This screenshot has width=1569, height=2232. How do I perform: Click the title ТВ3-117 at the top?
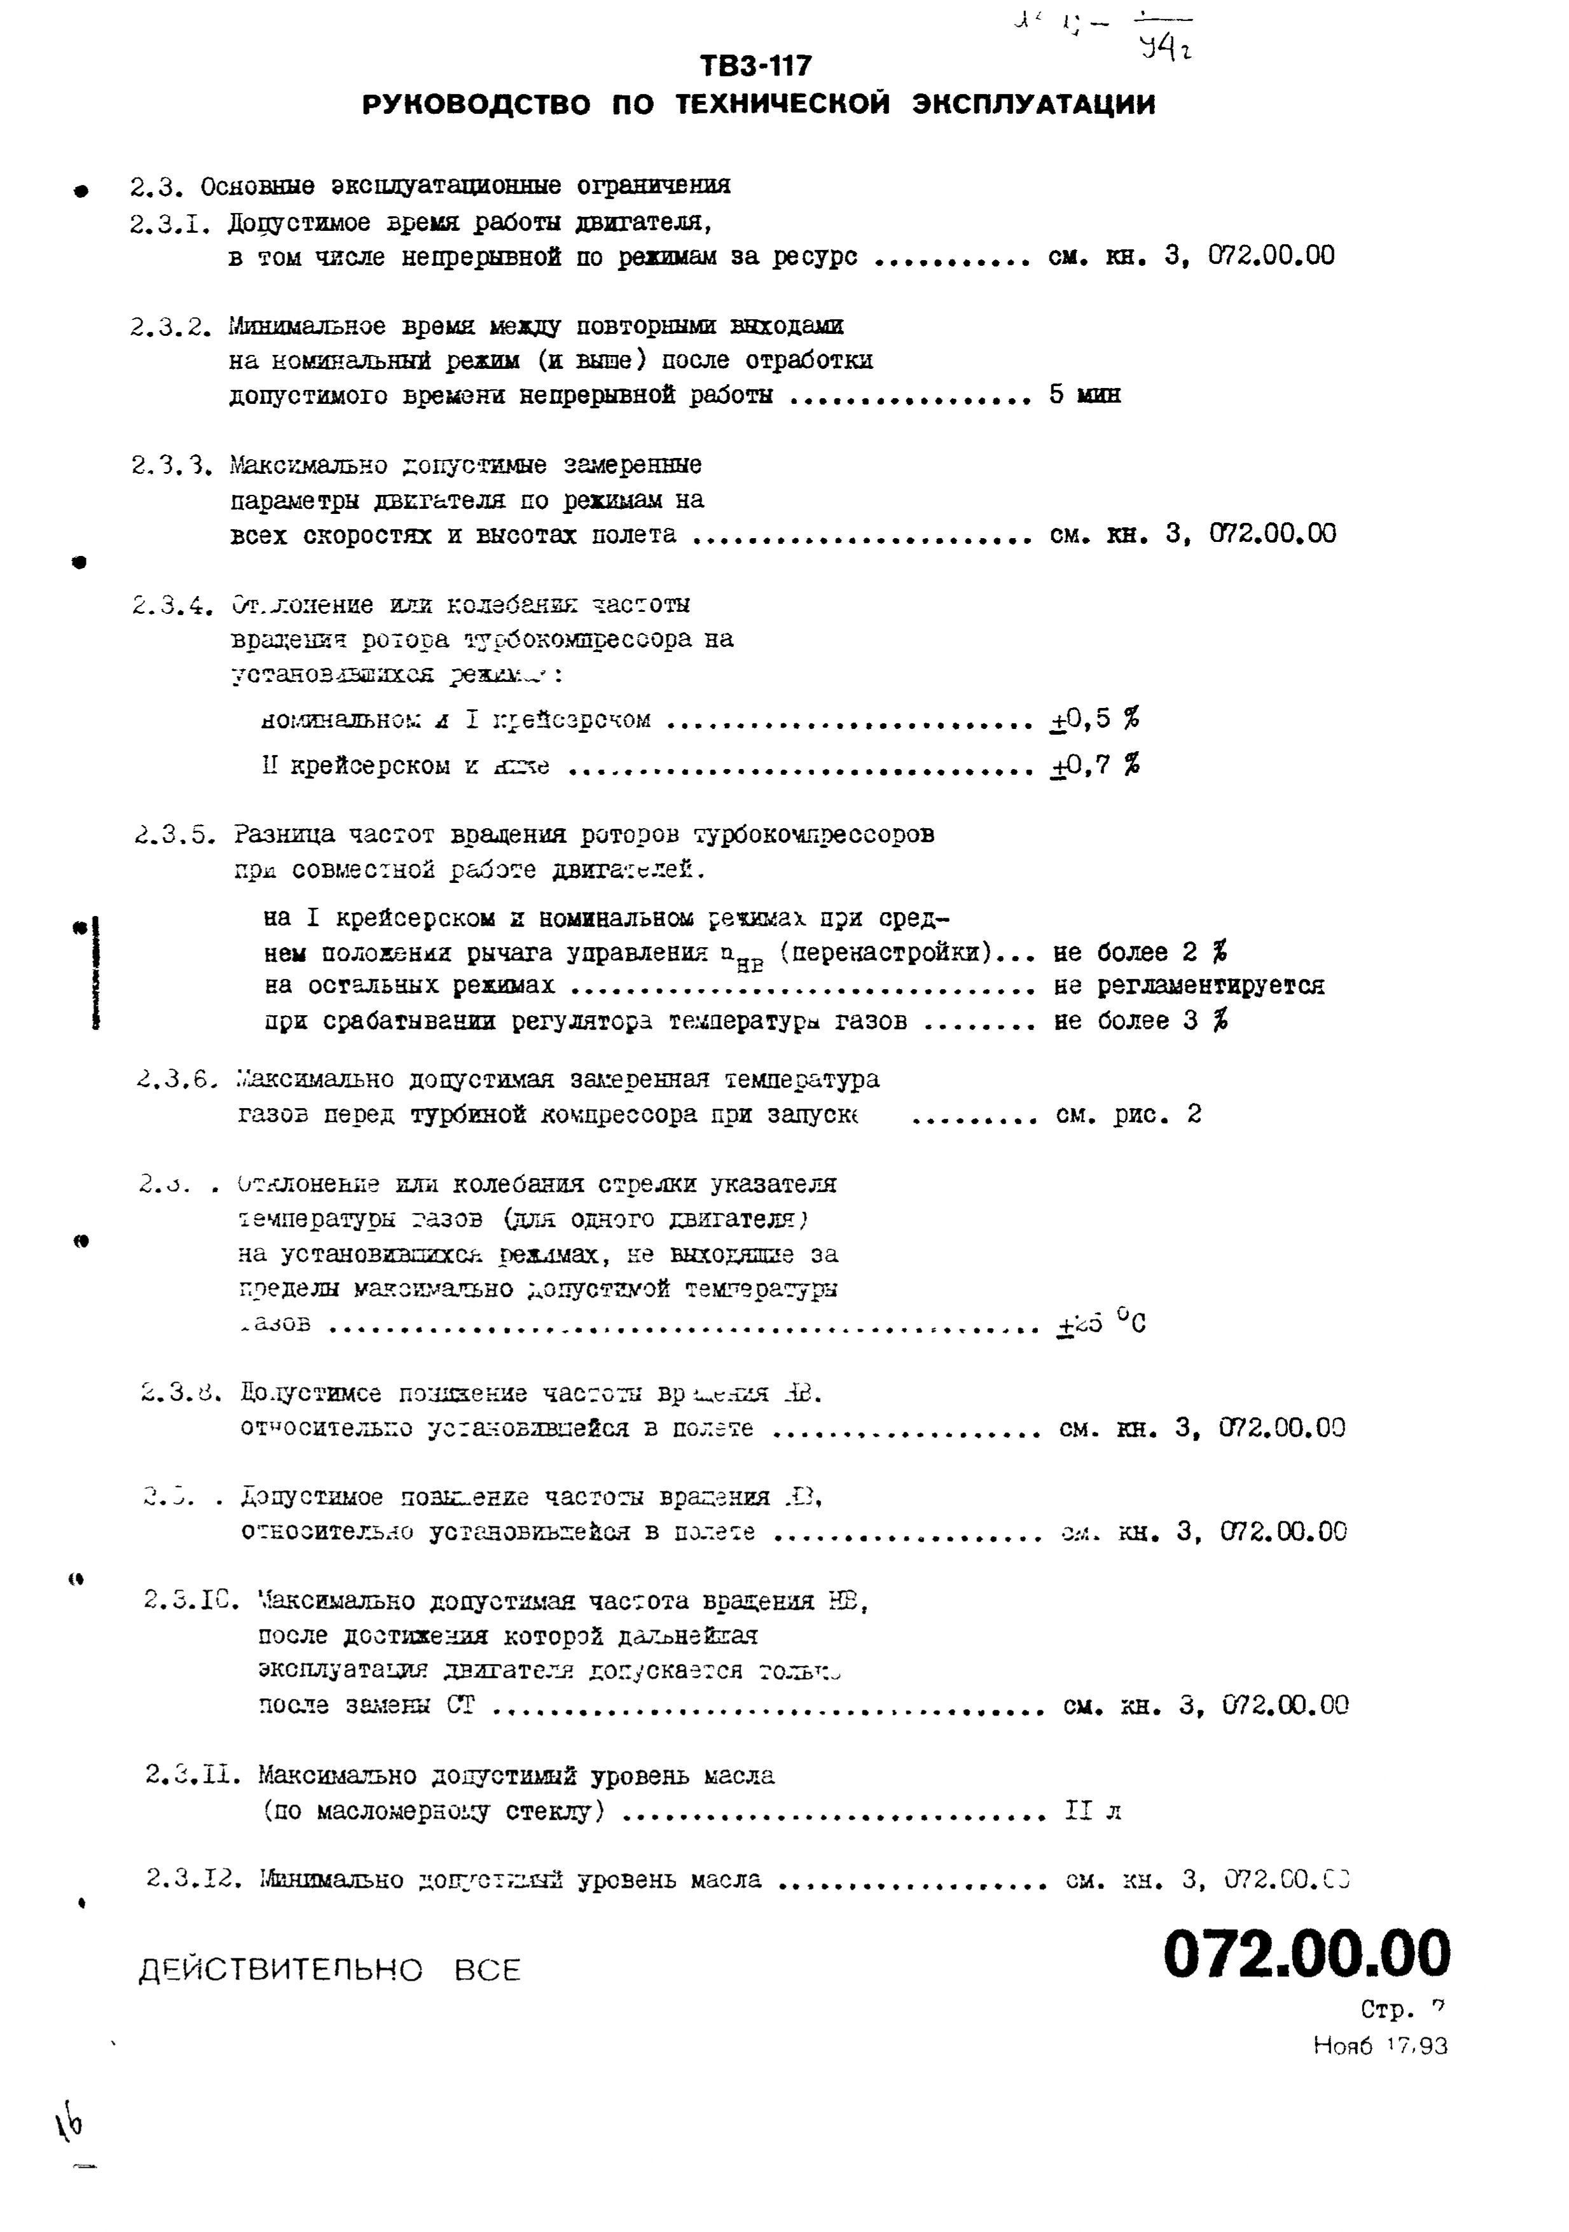tap(756, 66)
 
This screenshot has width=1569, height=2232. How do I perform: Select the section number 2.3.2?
tap(170, 327)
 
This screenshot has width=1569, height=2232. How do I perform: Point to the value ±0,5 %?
tap(1095, 719)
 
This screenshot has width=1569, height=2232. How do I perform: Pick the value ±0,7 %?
tap(1095, 766)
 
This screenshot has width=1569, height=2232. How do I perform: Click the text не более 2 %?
tap(1140, 952)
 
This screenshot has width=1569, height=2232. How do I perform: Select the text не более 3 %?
tap(1140, 1021)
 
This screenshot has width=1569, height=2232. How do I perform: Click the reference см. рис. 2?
tap(1128, 1114)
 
